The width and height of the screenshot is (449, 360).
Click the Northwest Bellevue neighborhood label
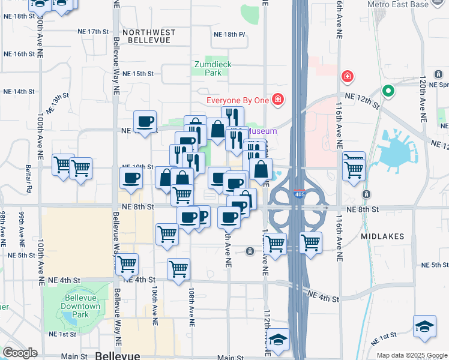pyautogui.click(x=149, y=36)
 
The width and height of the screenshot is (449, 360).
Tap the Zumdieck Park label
pyautogui.click(x=212, y=68)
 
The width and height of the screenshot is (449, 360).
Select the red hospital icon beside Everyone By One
pyautogui.click(x=277, y=99)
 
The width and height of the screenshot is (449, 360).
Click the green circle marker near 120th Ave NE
pyautogui.click(x=388, y=92)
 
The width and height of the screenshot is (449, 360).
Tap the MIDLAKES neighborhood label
pyautogui.click(x=383, y=236)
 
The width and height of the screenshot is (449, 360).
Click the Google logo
pyautogui.click(x=20, y=353)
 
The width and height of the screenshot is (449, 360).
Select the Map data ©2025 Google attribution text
pyautogui.click(x=411, y=355)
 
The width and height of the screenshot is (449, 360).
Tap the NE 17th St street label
pyautogui.click(x=93, y=31)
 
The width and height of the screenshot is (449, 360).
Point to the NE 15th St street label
pyautogui.click(x=138, y=74)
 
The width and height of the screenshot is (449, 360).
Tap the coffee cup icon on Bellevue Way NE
pyautogui.click(x=131, y=178)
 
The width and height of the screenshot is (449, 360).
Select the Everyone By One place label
pyautogui.click(x=237, y=100)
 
